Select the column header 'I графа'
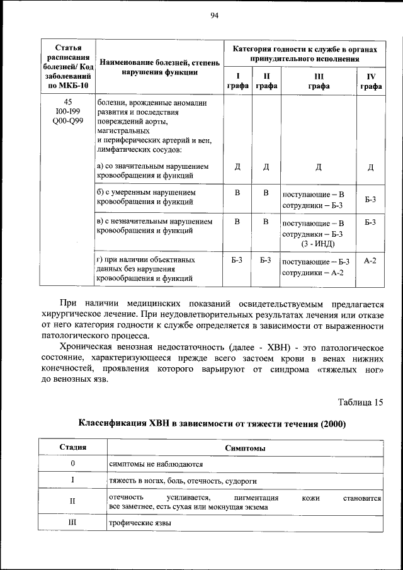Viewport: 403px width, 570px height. (237, 81)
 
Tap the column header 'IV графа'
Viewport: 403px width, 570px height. (371, 81)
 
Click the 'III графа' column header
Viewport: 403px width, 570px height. (319, 81)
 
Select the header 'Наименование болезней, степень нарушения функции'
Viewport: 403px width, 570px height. (159, 67)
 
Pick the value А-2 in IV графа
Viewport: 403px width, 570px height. (370, 260)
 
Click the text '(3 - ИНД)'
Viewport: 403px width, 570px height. (319, 244)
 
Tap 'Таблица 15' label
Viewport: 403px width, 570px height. (360, 402)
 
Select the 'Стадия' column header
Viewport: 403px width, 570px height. (73, 448)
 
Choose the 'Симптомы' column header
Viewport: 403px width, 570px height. (244, 448)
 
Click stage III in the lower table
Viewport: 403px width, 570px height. (73, 523)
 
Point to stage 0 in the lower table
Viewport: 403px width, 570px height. (73, 464)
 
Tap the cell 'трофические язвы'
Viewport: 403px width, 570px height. (139, 523)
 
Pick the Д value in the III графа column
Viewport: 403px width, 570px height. (319, 167)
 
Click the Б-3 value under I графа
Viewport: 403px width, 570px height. (237, 260)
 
